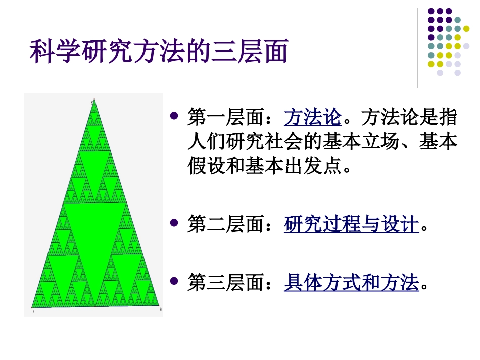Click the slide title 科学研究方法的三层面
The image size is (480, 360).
(159, 52)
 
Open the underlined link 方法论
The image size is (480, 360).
(313, 119)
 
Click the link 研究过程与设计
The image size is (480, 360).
(352, 225)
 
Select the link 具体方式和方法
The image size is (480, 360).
(352, 282)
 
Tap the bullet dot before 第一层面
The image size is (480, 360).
(175, 116)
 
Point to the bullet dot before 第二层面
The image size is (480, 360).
(175, 222)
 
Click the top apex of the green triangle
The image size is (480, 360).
(94, 101)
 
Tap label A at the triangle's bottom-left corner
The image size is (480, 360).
(33, 312)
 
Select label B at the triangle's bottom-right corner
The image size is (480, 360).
(160, 308)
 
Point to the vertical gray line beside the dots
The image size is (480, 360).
(418, 48)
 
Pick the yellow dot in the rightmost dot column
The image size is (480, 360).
(466, 29)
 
